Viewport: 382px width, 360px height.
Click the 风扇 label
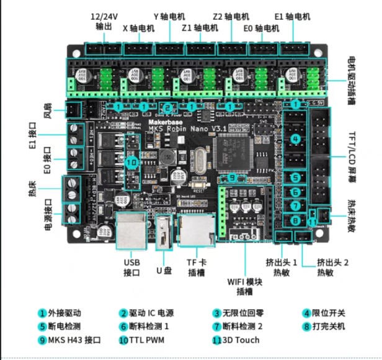pos(48,111)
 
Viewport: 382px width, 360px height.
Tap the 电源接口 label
pos(48,209)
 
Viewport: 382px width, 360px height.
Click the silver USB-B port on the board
pos(131,229)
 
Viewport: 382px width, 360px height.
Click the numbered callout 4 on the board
pos(295,138)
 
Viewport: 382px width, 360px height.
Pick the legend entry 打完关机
pos(324,326)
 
